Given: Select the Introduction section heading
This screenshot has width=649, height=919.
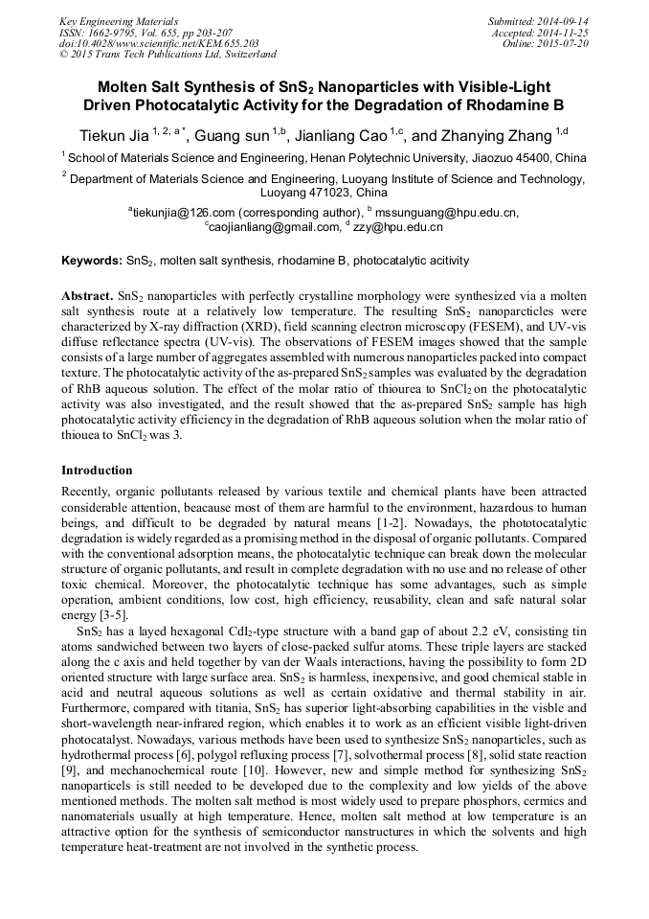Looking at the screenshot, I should [97, 471].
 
